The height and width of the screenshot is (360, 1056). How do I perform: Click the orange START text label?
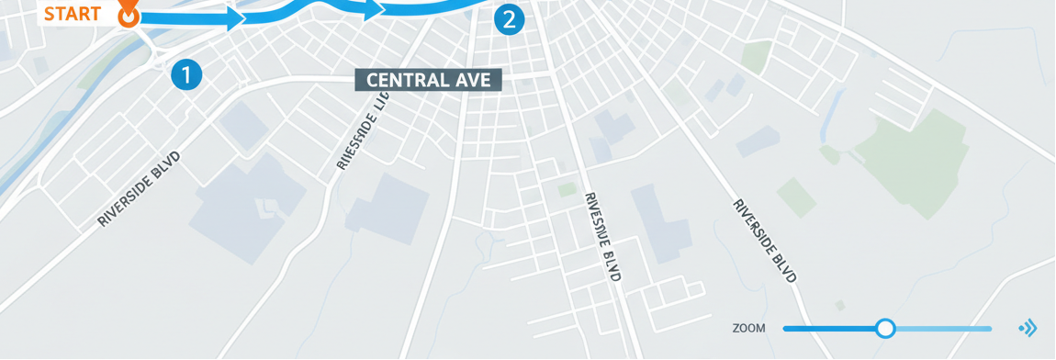tap(72, 14)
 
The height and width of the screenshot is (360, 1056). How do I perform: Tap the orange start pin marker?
tap(129, 16)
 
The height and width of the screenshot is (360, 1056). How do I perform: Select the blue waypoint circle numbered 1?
tap(186, 75)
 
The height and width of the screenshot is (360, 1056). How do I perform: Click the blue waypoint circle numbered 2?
tap(510, 19)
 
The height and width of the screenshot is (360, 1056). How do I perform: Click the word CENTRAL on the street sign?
tap(400, 81)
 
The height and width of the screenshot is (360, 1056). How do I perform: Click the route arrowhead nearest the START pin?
tap(234, 17)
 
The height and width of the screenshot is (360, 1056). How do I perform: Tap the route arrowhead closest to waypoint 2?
tap(374, 10)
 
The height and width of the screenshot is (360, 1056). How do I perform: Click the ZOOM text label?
tap(749, 328)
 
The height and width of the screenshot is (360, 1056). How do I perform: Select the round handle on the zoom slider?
tap(885, 328)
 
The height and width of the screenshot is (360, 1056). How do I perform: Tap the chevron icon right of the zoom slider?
tap(1028, 328)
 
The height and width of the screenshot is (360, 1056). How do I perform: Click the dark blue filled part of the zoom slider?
tap(831, 328)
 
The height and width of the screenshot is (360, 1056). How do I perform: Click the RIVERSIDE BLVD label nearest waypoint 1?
tap(139, 188)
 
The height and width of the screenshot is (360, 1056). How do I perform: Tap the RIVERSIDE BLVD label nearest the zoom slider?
tap(764, 240)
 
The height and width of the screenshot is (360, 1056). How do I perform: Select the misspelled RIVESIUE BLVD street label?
tap(603, 236)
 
